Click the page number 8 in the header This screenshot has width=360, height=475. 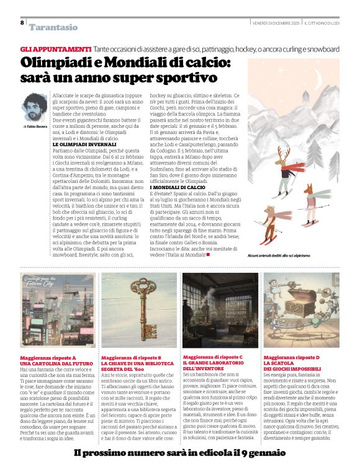click(x=22, y=23)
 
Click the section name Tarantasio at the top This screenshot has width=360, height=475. click(x=54, y=27)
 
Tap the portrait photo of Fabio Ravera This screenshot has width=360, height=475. click(x=34, y=107)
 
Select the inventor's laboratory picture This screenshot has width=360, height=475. click(x=220, y=310)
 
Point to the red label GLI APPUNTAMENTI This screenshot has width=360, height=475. click(x=56, y=49)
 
